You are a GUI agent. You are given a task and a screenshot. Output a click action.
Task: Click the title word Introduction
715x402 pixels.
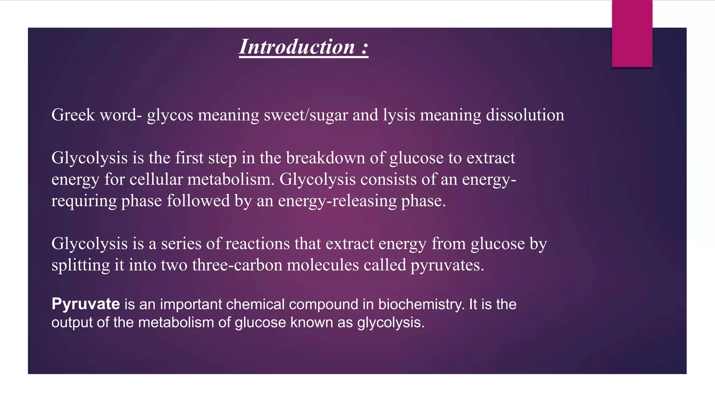[x=297, y=47]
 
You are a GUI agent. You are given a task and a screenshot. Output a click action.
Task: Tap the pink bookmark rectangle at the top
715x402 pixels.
[x=632, y=33]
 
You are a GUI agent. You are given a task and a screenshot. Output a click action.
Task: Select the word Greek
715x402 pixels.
[x=73, y=115]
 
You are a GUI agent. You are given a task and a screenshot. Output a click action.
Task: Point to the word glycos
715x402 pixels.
[x=170, y=116]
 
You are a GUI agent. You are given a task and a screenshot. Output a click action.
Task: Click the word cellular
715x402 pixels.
[x=156, y=179]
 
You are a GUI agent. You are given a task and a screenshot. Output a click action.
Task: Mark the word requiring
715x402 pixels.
[x=84, y=201]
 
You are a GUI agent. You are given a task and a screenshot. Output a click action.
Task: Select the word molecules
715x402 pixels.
[x=323, y=265]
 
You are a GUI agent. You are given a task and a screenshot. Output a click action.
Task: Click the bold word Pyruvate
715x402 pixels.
[x=86, y=304]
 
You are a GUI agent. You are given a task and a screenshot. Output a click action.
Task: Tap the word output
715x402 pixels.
[x=72, y=323]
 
